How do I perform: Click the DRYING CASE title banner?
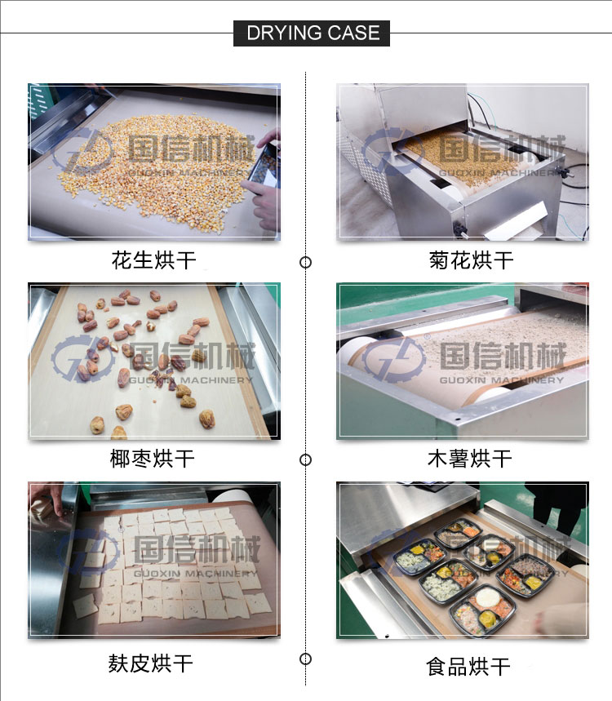pos(313,33)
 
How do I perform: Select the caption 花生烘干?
pos(154,261)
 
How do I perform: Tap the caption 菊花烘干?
pos(471,261)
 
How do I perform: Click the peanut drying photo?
pos(154,161)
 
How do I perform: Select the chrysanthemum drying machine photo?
pos(463,161)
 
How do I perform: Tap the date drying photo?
pos(154,361)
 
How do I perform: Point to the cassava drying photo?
pos(463,361)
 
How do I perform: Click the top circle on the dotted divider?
pos(306,263)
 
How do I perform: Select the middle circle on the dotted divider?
pos(306,459)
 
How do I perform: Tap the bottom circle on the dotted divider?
pos(306,659)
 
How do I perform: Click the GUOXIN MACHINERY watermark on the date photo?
pos(191,380)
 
